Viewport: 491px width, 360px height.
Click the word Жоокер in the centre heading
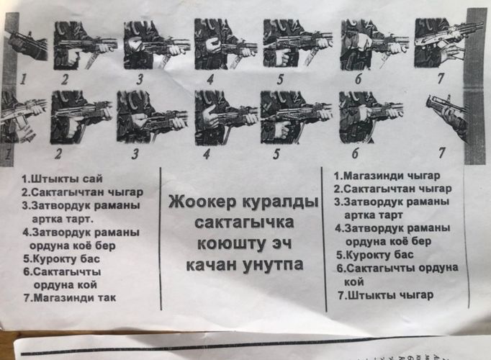[203, 202]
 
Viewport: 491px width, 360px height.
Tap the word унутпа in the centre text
[273, 265]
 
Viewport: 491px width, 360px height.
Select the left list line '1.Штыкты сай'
[62, 179]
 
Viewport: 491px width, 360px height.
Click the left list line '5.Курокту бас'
[61, 259]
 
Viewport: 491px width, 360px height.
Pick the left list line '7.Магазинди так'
[70, 297]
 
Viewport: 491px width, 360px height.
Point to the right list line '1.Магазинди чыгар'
[387, 176]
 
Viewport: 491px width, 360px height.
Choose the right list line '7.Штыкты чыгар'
[386, 295]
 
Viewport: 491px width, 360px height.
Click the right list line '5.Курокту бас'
[375, 255]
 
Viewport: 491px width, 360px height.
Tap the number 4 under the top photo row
[210, 79]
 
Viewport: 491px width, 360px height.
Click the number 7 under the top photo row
[441, 78]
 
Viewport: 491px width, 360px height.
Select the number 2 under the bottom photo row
[58, 154]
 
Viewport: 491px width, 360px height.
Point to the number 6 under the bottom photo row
[355, 153]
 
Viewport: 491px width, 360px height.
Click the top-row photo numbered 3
[156, 45]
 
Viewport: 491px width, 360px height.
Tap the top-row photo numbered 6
[374, 44]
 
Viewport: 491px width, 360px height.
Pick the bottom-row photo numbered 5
[296, 117]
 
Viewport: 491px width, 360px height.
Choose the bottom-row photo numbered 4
[226, 117]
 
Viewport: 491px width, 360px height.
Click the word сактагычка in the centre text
[244, 222]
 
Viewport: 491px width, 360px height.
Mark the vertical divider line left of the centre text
[161, 238]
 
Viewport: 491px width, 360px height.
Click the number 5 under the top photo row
[280, 79]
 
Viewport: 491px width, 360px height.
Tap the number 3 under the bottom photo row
[135, 154]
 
